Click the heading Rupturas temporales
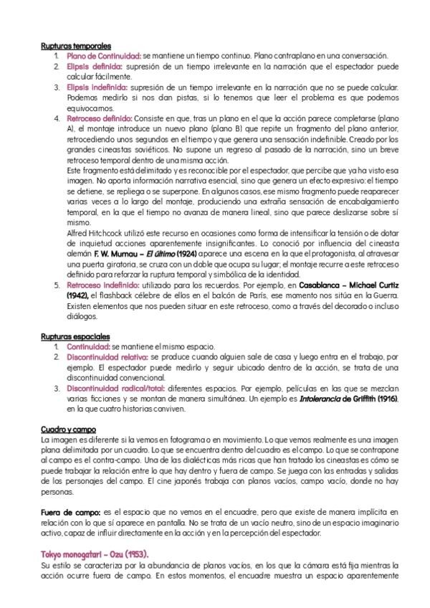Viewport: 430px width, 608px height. pos(75,45)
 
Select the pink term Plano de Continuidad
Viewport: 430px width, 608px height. pos(103,55)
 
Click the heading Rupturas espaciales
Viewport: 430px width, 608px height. pos(75,336)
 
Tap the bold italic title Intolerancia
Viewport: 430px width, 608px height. pos(302,398)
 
